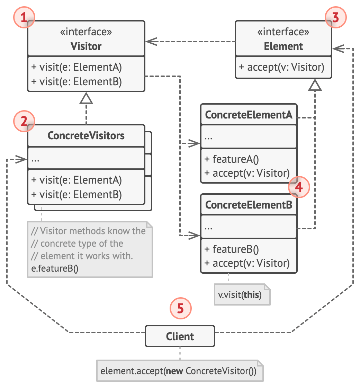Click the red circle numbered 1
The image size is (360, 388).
pyautogui.click(x=24, y=18)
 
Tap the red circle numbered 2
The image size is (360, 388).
pyautogui.click(x=24, y=122)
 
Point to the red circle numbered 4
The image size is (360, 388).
pyautogui.click(x=299, y=187)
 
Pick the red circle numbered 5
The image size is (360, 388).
pyautogui.click(x=180, y=308)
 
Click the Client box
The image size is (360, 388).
pyautogui.click(x=180, y=336)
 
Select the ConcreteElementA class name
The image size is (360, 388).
pyautogui.click(x=249, y=115)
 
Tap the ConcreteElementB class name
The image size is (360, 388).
pyautogui.click(x=249, y=205)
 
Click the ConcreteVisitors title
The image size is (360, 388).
pyautogui.click(x=86, y=136)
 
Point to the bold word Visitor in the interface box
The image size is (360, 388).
pyautogui.click(x=86, y=46)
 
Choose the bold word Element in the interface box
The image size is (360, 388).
pyautogui.click(x=283, y=46)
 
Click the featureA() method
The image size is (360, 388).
pyautogui.click(x=231, y=159)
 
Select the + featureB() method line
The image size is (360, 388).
pyautogui.click(x=231, y=249)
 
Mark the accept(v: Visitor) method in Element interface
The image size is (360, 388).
pyautogui.click(x=281, y=67)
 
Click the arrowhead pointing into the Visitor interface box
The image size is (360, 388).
pyautogui.click(x=150, y=42)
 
